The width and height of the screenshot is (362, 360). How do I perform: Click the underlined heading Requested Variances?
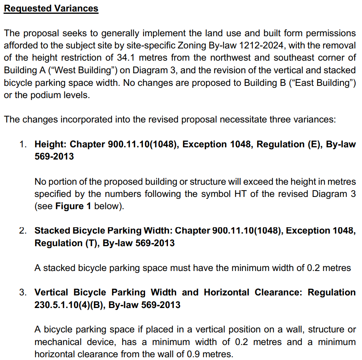click(51, 8)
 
